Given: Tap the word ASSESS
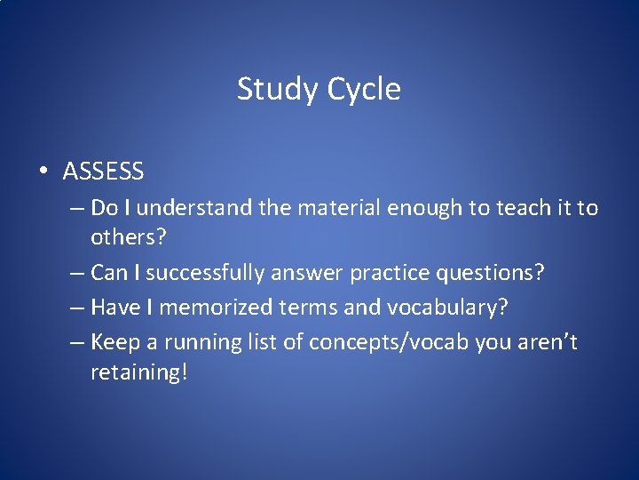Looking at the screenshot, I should pos(103,170).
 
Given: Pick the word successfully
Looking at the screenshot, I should pos(205,273).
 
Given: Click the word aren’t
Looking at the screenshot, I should pos(550,342).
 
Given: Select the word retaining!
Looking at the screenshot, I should pos(138,372).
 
